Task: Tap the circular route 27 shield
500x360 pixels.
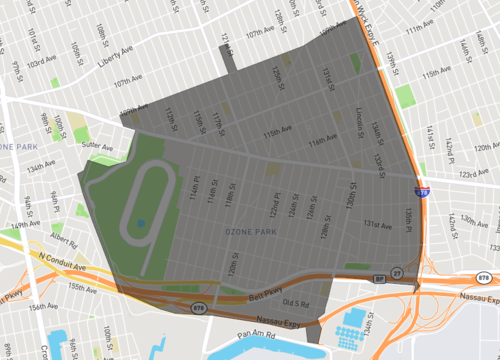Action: pos(397,272)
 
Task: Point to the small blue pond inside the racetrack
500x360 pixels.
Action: pos(140,222)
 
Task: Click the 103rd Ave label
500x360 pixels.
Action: pos(42,62)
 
